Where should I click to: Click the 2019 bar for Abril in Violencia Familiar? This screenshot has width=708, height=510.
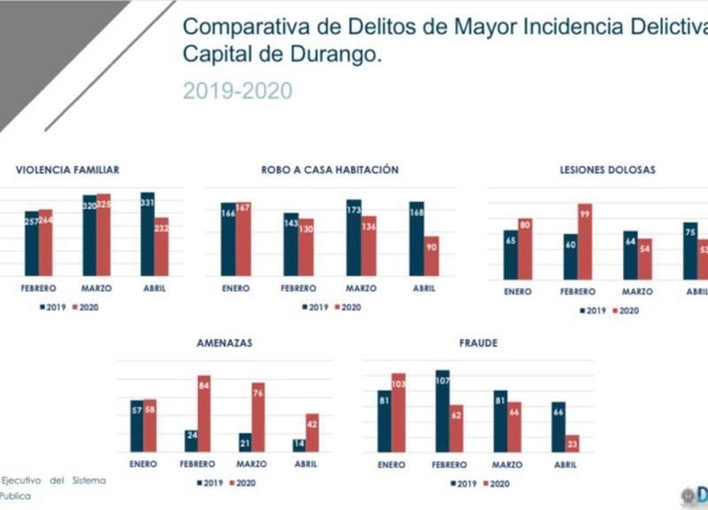(x=147, y=234)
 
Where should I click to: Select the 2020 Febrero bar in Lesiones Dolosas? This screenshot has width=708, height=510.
(x=585, y=242)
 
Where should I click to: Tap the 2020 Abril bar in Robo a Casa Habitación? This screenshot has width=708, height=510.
(x=431, y=256)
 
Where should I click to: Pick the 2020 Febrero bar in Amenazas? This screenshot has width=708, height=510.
(x=204, y=413)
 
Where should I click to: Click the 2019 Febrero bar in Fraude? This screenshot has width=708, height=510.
(x=442, y=411)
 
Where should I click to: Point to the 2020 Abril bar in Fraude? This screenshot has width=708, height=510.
(x=572, y=443)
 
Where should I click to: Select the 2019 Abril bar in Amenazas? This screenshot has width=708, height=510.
(x=300, y=444)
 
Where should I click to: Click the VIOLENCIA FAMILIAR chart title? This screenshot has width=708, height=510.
(x=67, y=170)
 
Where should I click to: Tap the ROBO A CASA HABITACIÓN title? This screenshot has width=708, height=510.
(x=329, y=170)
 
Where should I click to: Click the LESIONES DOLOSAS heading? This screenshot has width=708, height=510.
(x=607, y=170)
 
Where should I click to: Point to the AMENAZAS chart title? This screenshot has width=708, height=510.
(x=226, y=341)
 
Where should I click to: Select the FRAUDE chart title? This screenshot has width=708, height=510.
(x=478, y=341)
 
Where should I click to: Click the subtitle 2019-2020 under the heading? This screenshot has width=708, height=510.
(x=237, y=90)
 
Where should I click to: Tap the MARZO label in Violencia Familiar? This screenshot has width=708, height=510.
(x=96, y=288)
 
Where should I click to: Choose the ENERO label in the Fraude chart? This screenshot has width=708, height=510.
(x=391, y=464)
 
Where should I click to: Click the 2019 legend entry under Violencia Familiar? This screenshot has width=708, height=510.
(x=53, y=307)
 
